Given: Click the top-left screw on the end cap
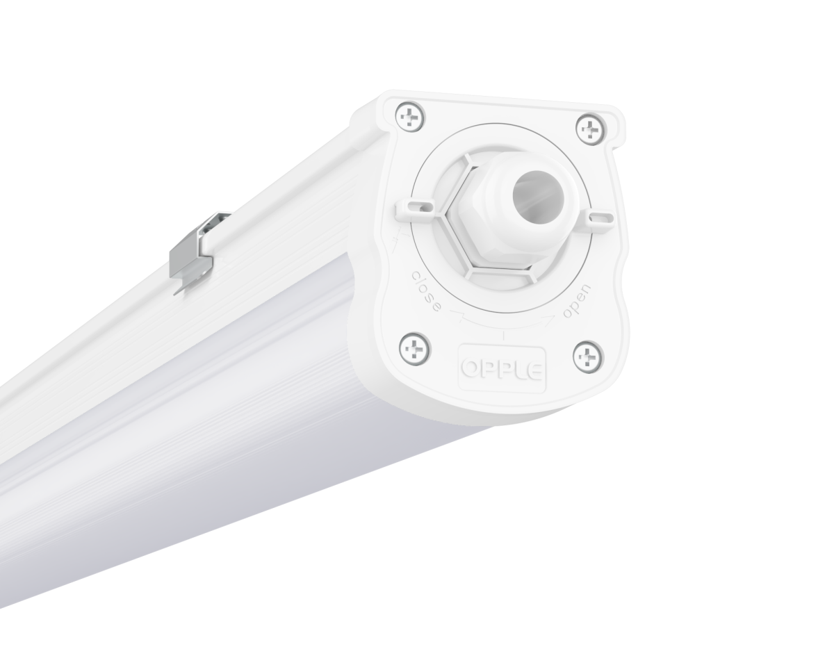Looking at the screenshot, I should coord(410,118).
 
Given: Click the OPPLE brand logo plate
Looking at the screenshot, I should coord(502,366).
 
